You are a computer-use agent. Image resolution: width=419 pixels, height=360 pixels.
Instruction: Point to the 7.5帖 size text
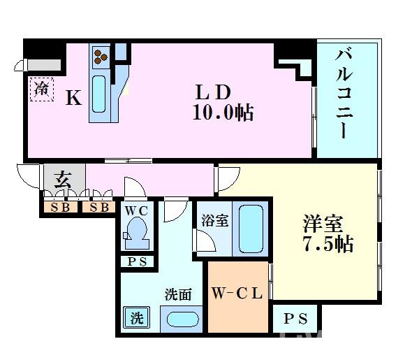pyautogui.click(x=328, y=244)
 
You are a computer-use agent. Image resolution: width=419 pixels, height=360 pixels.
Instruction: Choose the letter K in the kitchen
pyautogui.click(x=73, y=99)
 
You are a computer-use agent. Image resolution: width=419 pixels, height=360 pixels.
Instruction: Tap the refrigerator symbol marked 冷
pyautogui.click(x=42, y=89)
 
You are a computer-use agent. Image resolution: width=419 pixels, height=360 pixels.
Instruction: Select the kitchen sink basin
pyautogui.click(x=99, y=95)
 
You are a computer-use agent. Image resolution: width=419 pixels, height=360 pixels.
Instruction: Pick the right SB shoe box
pyautogui.click(x=99, y=208)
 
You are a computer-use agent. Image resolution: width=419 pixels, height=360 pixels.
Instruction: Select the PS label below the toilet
pyautogui.click(x=135, y=261)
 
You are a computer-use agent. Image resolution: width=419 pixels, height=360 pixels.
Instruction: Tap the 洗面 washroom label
pyautogui.click(x=177, y=295)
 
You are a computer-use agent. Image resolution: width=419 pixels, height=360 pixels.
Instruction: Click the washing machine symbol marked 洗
pyautogui.click(x=137, y=318)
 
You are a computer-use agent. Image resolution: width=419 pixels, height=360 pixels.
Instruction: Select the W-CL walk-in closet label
pyautogui.click(x=237, y=294)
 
